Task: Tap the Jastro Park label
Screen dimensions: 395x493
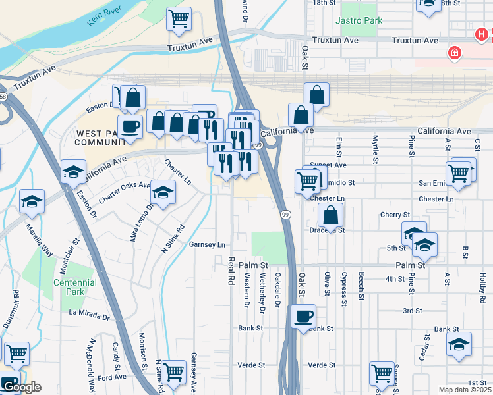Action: (359, 21)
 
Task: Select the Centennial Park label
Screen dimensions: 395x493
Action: (75, 287)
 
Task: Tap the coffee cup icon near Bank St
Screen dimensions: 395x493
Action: (303, 317)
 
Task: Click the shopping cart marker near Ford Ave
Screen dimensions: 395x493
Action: (174, 372)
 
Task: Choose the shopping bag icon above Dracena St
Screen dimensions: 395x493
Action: (330, 215)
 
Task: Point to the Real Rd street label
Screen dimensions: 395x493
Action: (231, 271)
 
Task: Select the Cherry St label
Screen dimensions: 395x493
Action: (395, 215)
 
